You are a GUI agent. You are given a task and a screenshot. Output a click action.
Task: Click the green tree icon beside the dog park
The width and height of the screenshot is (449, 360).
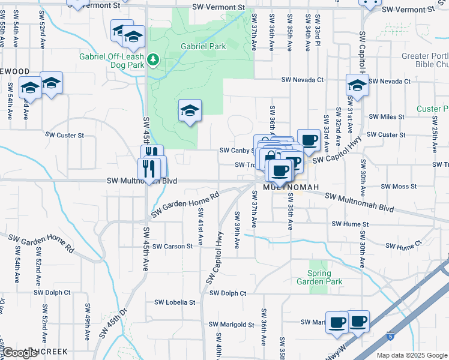coord(154,59)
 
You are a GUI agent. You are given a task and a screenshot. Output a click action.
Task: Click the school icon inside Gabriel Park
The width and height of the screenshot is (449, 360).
coord(190,111)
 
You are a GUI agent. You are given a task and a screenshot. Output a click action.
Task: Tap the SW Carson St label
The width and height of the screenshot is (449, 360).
coord(172,246)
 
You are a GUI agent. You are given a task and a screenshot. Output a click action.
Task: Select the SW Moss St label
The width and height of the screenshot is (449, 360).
coord(399,187)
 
